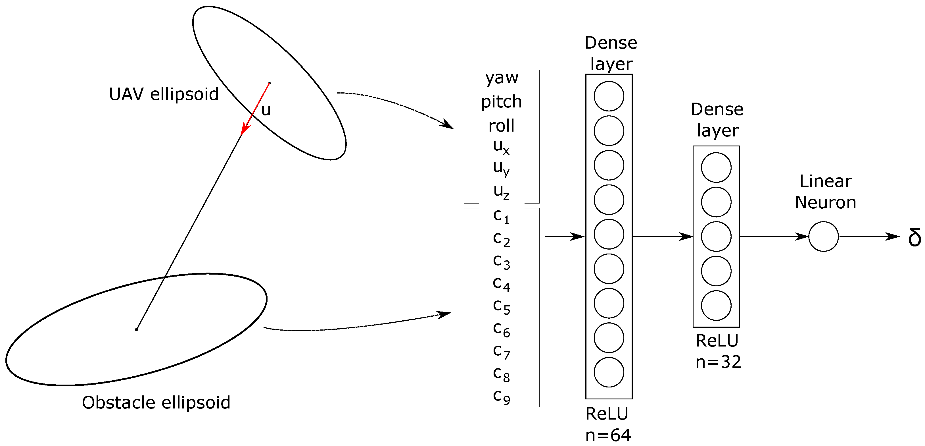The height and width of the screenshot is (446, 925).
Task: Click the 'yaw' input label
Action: (501, 78)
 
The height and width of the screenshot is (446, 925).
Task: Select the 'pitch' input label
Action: (501, 102)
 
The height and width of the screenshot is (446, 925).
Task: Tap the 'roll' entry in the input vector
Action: (501, 126)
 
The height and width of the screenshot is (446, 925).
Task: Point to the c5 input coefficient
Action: (501, 306)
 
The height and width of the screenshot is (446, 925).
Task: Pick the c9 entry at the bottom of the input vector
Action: (501, 397)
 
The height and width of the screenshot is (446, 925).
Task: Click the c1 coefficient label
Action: (501, 216)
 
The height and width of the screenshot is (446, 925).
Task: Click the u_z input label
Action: (501, 191)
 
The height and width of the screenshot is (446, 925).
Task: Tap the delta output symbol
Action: (914, 237)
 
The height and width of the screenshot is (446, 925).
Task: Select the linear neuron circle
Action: (823, 237)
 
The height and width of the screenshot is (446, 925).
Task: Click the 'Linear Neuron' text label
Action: (826, 192)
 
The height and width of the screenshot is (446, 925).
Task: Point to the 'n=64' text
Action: (608, 435)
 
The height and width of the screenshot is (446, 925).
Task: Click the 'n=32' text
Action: (718, 362)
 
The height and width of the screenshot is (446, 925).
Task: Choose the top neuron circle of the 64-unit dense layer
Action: (609, 96)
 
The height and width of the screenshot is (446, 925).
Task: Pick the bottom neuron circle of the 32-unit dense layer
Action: (716, 306)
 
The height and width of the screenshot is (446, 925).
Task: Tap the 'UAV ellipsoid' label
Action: (164, 94)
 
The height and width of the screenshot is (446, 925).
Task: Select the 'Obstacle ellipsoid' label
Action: (156, 402)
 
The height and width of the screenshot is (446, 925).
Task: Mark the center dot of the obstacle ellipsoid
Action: (136, 329)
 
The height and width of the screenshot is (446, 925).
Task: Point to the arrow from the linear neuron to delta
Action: (869, 237)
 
